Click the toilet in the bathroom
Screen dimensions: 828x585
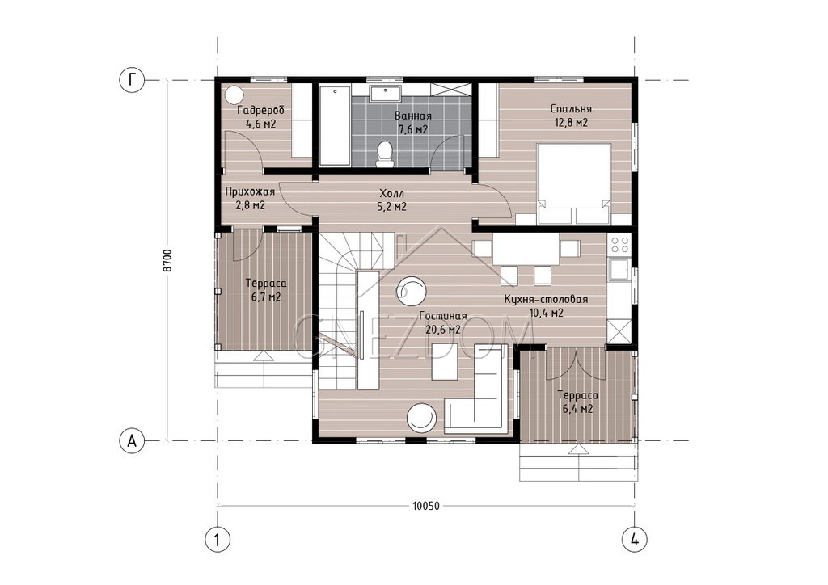click(385, 154)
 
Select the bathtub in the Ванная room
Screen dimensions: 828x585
click(335, 126)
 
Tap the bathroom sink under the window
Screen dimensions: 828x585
click(385, 94)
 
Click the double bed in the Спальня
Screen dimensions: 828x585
click(574, 184)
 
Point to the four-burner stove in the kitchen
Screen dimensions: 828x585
click(619, 244)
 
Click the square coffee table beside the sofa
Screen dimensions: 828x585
click(445, 361)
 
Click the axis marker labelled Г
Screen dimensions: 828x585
click(131, 80)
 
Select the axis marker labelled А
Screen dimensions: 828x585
click(132, 440)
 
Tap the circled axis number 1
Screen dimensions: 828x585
click(217, 540)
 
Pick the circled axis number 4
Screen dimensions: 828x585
click(635, 540)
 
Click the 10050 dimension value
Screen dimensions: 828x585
click(425, 507)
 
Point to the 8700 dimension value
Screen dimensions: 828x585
click(167, 261)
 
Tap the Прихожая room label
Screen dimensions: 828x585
click(250, 191)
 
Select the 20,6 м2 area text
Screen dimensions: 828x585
click(443, 329)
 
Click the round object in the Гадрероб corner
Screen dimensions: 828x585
click(233, 95)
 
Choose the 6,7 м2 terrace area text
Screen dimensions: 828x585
click(267, 297)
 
